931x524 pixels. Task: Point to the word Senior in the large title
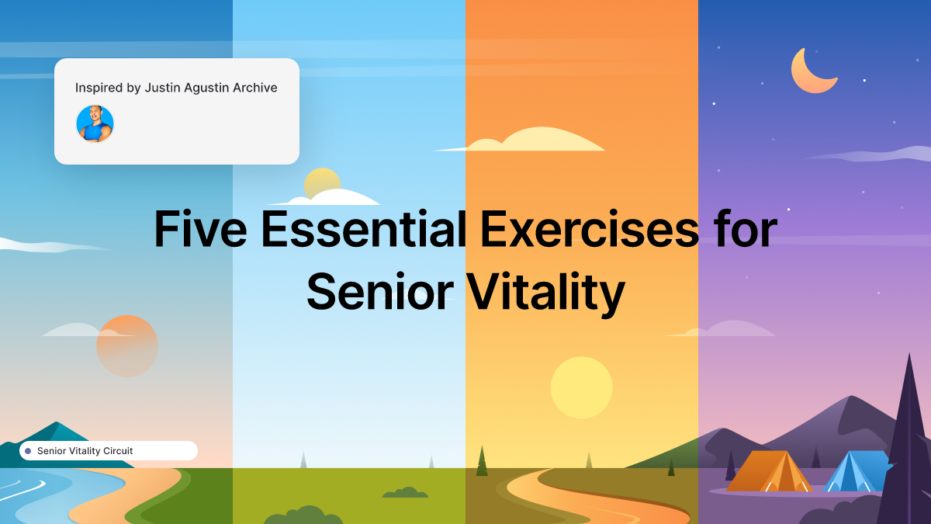(379, 292)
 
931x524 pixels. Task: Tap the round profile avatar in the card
(95, 123)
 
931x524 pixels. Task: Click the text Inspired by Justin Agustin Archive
(176, 88)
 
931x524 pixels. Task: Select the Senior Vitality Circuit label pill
(109, 451)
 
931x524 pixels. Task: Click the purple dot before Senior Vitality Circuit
(28, 451)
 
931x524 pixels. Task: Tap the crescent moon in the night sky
(810, 71)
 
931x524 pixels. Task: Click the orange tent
(768, 472)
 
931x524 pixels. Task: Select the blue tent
(853, 472)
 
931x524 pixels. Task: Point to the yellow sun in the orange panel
(581, 387)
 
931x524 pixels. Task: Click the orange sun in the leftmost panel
(127, 346)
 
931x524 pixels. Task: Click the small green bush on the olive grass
(404, 492)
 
